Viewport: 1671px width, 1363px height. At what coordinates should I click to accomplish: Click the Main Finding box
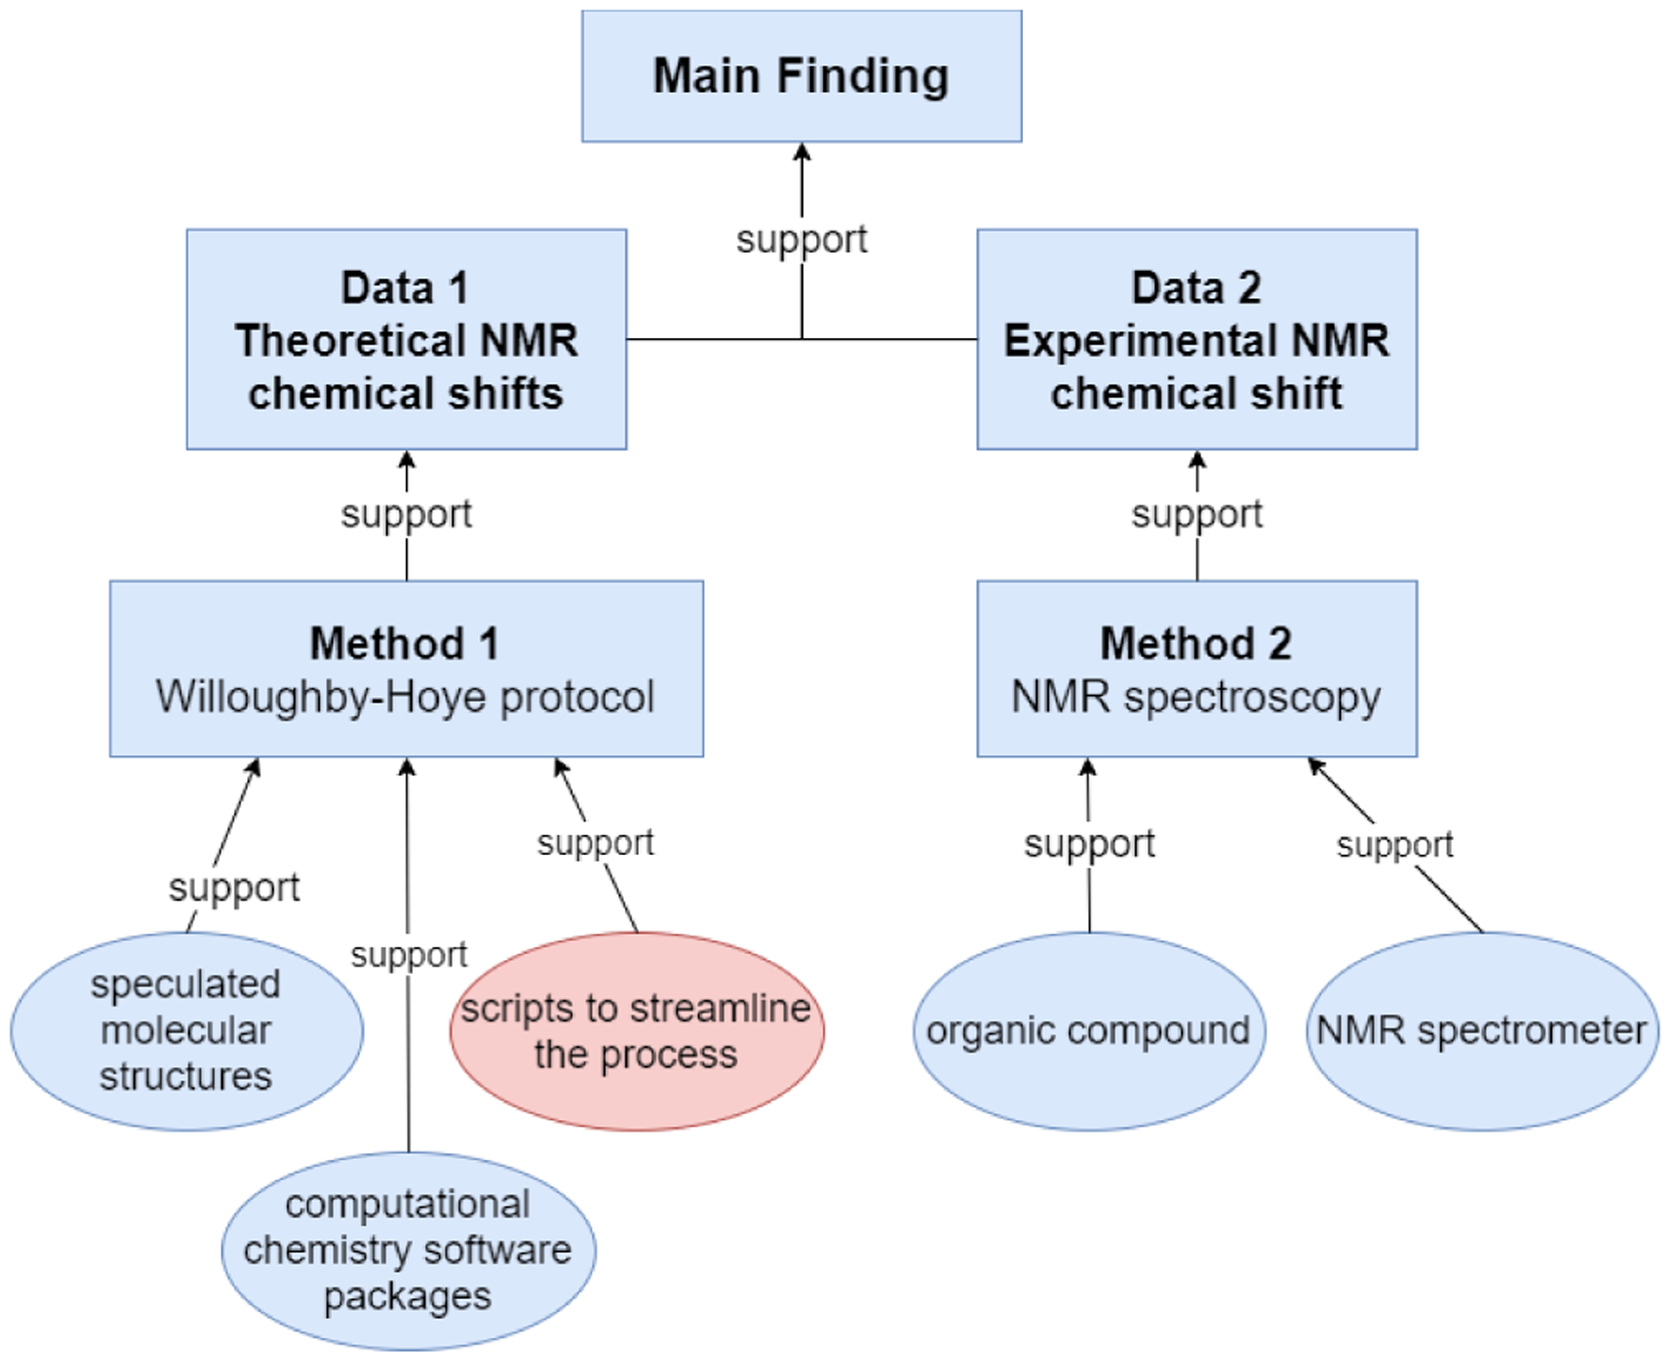[801, 76]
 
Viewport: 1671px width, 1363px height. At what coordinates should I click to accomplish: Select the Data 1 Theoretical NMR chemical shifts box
[406, 339]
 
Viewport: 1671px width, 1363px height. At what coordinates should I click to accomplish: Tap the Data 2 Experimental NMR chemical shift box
[1197, 339]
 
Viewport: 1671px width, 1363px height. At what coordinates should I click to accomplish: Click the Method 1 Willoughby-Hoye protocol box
[406, 669]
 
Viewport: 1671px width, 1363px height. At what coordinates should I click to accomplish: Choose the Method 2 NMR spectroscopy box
[1197, 669]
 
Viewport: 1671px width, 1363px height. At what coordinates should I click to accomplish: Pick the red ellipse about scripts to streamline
[637, 1031]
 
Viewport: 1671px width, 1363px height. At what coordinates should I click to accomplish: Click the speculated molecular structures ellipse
[186, 1031]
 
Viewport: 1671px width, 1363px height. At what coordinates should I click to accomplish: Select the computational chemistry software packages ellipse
[408, 1250]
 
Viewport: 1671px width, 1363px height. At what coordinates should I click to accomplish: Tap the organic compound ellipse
[1088, 1031]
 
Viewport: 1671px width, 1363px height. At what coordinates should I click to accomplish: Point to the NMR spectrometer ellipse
[1482, 1031]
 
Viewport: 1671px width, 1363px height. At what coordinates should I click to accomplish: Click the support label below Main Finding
[801, 240]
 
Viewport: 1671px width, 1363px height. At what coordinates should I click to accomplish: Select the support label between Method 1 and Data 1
[406, 513]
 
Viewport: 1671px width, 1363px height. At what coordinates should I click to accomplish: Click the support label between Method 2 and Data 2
[1197, 513]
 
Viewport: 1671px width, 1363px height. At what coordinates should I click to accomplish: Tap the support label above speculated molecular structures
[234, 888]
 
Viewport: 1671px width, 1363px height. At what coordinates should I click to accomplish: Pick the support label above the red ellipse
[595, 843]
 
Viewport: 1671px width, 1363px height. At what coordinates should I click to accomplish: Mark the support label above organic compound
[1089, 844]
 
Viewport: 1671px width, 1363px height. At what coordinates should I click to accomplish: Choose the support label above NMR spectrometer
[1394, 845]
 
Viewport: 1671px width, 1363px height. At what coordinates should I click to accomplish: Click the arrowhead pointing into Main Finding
[802, 151]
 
